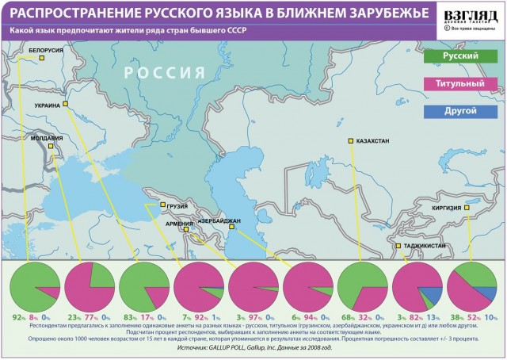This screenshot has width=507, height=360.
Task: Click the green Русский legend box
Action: [459, 57]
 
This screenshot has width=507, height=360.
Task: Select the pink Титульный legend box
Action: [459, 83]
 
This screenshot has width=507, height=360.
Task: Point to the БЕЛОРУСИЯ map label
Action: [46, 50]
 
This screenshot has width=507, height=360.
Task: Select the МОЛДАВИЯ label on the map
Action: [46, 137]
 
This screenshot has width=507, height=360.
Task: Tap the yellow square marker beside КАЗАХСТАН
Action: [350, 141]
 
